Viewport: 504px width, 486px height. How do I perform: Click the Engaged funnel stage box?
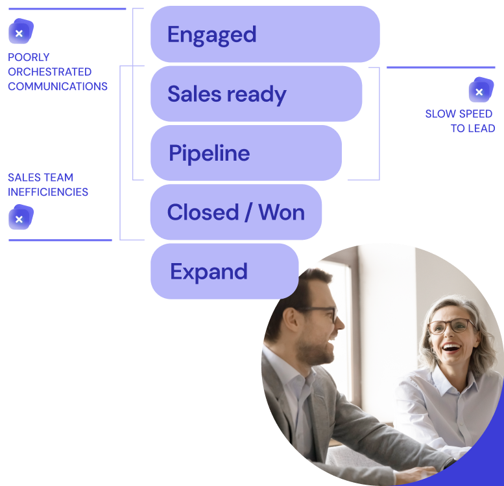pyautogui.click(x=265, y=34)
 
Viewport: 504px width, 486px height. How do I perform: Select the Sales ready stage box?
pyautogui.click(x=256, y=94)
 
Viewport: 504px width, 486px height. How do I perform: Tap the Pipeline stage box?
pyautogui.click(x=246, y=153)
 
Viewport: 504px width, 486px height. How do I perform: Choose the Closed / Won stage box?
pyautogui.click(x=235, y=213)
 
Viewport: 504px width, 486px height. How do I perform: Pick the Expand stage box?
pyautogui.click(x=224, y=272)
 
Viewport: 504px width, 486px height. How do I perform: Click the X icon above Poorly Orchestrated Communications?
pyautogui.click(x=20, y=32)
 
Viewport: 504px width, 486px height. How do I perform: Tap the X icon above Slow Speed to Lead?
pyautogui.click(x=479, y=91)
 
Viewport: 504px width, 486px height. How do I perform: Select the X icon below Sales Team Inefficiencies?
pyautogui.click(x=20, y=219)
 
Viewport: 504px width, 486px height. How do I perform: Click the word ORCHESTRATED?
pyautogui.click(x=49, y=72)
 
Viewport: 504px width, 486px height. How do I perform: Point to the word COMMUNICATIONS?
pyautogui.click(x=58, y=86)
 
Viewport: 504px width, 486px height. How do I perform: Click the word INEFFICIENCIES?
pyautogui.click(x=48, y=192)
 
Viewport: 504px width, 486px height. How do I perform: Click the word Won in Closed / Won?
pyautogui.click(x=282, y=213)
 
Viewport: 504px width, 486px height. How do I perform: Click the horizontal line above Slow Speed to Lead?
pyautogui.click(x=440, y=67)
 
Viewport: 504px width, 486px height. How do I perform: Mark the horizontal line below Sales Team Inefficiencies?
pyautogui.click(x=60, y=240)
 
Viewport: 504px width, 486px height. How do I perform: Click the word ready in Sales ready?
pyautogui.click(x=256, y=95)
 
